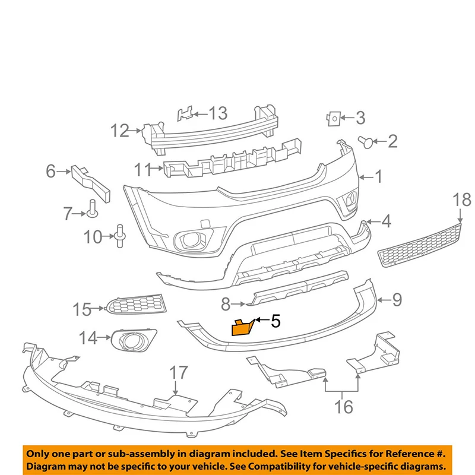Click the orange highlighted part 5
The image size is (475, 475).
point(242,327)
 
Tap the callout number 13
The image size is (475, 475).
point(218,112)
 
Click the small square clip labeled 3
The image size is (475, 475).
point(334,119)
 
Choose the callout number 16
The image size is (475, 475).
point(344,407)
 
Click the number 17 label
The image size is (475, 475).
point(179,373)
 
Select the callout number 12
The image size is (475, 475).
point(120,130)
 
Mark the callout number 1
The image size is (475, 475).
point(378,176)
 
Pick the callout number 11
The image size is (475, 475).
point(142,170)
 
